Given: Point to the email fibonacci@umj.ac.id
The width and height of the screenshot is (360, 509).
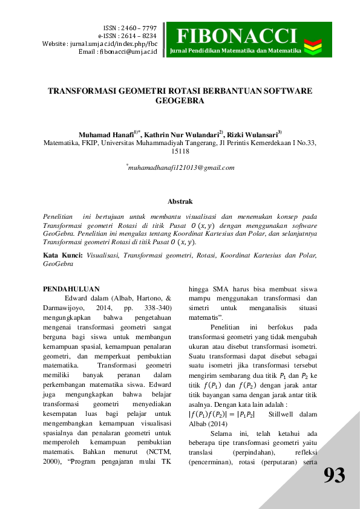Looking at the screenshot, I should click(x=126, y=52).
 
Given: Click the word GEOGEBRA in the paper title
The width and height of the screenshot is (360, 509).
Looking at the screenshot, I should click(x=180, y=102).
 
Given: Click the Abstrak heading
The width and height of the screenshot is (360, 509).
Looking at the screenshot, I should click(x=180, y=201).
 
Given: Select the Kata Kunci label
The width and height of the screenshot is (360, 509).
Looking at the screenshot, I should click(x=63, y=256).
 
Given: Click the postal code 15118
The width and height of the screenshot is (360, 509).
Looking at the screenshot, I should click(x=180, y=153).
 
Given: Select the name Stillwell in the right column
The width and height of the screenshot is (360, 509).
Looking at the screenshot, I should click(x=285, y=414).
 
